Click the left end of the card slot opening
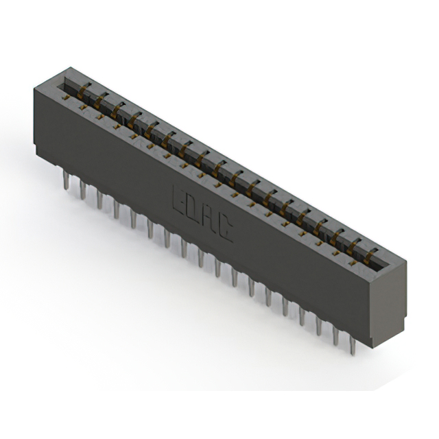[x=66, y=84]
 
